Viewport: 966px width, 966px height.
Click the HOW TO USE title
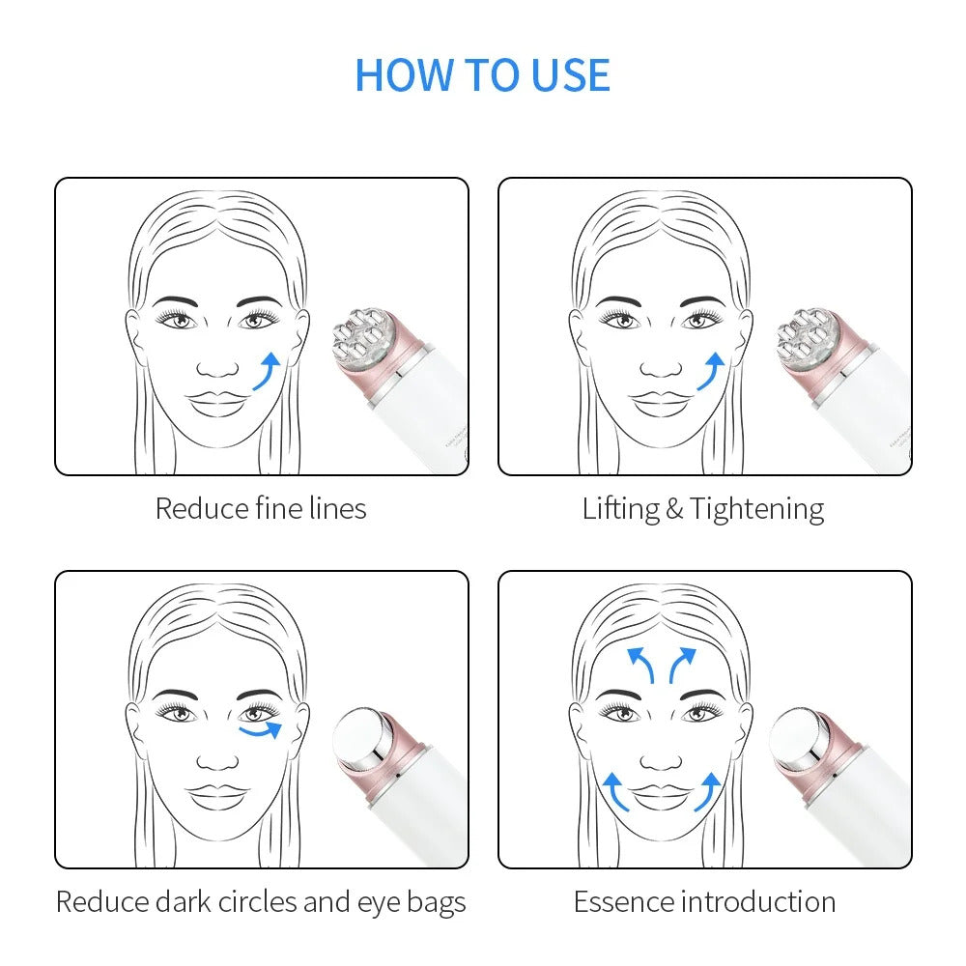[x=483, y=75]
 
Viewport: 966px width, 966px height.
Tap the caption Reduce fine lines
[x=261, y=508]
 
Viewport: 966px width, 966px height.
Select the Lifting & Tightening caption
[x=703, y=508]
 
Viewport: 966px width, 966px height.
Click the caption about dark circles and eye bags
[x=261, y=902]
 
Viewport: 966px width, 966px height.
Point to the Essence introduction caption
[x=704, y=902]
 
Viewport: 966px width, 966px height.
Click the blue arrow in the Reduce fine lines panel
[x=268, y=372]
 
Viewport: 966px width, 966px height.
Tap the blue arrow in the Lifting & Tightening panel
[x=711, y=372]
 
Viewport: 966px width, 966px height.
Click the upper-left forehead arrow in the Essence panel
[x=639, y=665]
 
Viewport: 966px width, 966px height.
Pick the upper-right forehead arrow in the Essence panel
[x=681, y=665]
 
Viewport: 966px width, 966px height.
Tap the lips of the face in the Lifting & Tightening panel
[x=662, y=402]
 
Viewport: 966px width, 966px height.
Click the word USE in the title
[x=567, y=75]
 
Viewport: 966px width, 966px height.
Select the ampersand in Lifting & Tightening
[x=674, y=509]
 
